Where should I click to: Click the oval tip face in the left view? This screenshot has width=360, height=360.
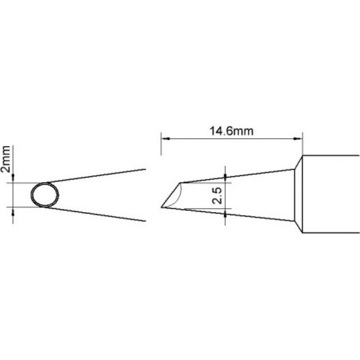point(44,195)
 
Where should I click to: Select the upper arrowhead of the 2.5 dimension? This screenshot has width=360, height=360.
point(226,176)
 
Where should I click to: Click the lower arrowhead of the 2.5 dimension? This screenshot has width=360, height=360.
point(226,213)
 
